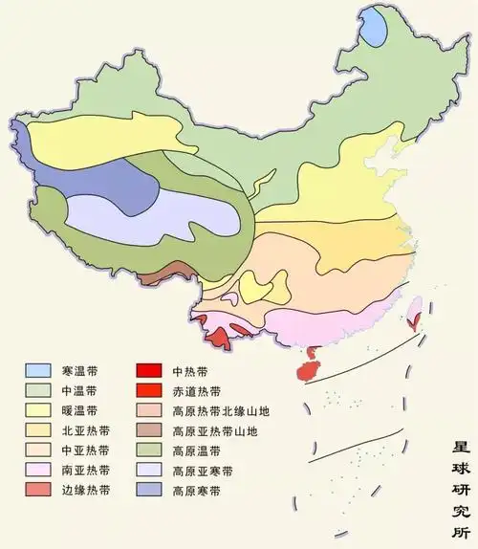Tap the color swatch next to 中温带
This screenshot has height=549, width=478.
(38, 390)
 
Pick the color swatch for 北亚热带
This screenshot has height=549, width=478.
(38, 430)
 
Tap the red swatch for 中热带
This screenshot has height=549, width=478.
(146, 370)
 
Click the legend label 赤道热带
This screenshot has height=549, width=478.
(196, 390)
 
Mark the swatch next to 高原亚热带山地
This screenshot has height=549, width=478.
(146, 430)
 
